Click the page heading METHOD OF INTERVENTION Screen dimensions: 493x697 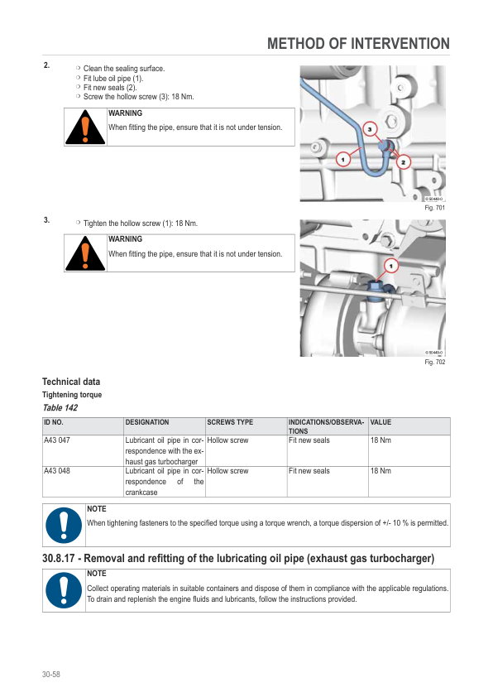(x=358, y=44)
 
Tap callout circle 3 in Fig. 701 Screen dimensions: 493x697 (x=370, y=129)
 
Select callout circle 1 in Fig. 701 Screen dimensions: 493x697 (x=342, y=159)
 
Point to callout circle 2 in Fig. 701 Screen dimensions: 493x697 (x=404, y=162)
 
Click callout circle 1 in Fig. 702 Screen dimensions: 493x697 (x=391, y=267)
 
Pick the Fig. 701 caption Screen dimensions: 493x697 (x=434, y=208)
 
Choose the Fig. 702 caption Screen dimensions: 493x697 (x=434, y=362)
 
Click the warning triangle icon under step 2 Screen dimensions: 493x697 (x=85, y=127)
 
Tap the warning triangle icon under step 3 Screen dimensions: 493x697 (x=85, y=254)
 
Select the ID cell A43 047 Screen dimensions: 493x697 (x=57, y=440)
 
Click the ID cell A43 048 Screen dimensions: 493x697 (x=57, y=471)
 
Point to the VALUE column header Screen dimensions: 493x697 (x=381, y=422)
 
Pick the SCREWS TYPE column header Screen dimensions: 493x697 (x=230, y=422)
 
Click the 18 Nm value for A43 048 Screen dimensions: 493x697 (x=381, y=471)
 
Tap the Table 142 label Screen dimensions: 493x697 (x=60, y=407)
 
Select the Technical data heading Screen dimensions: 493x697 (x=71, y=382)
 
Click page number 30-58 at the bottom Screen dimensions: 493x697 (x=51, y=675)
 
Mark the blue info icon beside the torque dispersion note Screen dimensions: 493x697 (x=64, y=526)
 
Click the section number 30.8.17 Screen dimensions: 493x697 (x=58, y=558)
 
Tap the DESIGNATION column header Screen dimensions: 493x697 (x=147, y=422)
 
